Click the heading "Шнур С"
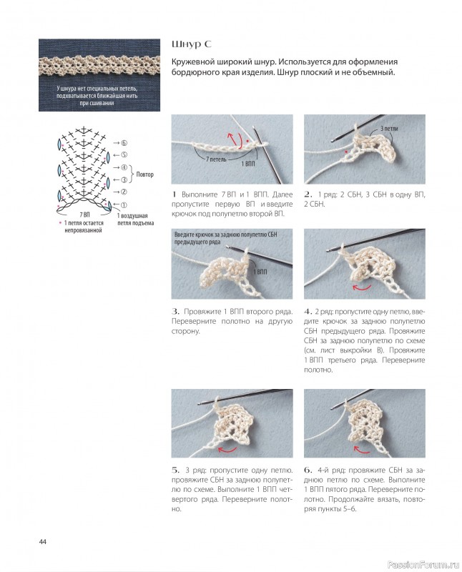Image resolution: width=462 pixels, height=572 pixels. point(191,44)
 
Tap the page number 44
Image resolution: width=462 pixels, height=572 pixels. point(43,542)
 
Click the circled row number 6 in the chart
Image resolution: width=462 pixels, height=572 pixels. point(124,143)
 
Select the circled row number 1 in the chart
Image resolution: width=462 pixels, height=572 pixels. point(124,205)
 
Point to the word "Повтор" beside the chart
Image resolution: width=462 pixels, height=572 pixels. point(145,174)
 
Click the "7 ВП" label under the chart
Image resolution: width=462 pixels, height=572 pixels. point(84,215)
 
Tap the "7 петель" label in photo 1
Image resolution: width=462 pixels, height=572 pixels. point(216,159)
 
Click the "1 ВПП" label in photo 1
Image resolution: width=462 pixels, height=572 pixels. point(248,164)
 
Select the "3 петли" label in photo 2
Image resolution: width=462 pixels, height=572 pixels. point(389,129)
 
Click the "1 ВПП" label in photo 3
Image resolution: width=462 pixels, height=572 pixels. point(260,272)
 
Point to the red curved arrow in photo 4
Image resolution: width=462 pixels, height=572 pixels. point(362,288)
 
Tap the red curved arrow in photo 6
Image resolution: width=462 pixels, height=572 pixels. point(362,450)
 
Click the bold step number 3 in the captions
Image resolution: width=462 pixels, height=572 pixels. point(175,312)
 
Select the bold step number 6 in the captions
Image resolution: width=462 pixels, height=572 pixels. point(308,470)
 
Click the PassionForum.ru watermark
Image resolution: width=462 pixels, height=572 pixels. point(423,565)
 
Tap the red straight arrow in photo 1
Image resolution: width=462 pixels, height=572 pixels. point(231,139)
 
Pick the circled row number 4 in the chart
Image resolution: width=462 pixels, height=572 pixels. point(124,167)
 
